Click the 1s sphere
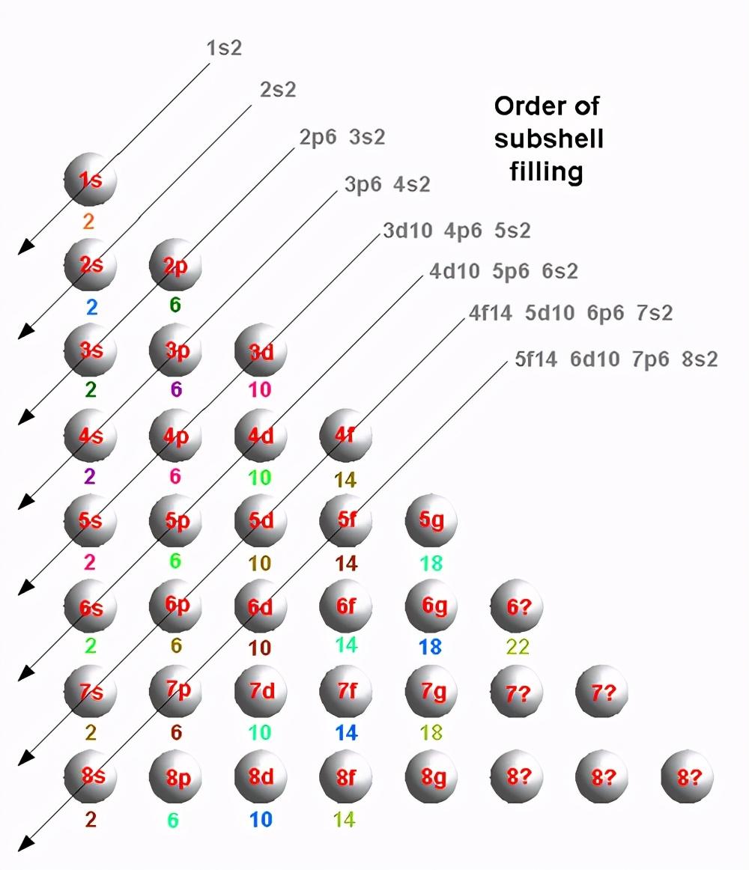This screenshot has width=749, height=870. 91,180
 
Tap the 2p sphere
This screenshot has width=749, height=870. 175,265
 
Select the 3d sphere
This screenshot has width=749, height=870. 261,350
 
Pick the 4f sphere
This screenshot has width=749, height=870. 346,436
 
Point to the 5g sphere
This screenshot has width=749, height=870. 431,521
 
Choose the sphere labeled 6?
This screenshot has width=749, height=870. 517,606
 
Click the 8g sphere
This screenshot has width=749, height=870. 431,776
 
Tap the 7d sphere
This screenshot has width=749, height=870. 261,691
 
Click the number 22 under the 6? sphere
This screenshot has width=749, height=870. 518,647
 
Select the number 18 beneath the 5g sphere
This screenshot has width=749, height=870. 431,563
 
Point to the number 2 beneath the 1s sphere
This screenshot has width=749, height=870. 88,222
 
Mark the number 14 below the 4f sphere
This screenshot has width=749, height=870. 345,480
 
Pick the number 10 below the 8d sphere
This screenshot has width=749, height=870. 261,820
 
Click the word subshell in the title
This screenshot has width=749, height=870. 548,139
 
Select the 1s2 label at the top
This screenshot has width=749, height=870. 224,48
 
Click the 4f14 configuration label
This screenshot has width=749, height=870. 491,313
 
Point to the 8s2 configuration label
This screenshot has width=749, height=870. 700,359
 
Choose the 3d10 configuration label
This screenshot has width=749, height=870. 407,231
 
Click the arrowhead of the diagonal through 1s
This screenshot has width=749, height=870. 25,248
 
